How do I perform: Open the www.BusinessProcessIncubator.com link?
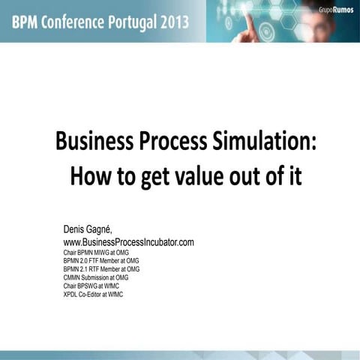pos(128,242)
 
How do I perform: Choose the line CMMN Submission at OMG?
pos(96,277)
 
